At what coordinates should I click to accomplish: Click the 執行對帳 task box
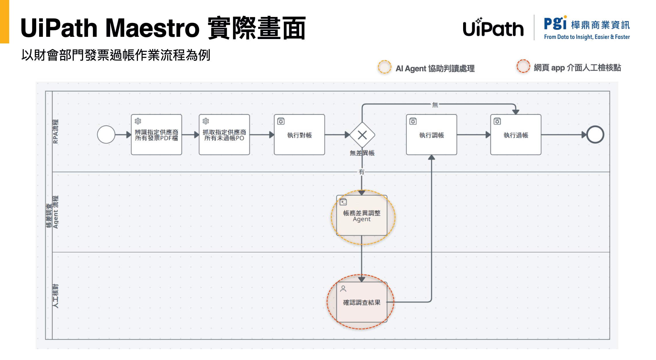pyautogui.click(x=299, y=135)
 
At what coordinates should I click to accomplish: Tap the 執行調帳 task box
pyautogui.click(x=431, y=135)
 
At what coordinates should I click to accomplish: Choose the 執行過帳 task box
pyautogui.click(x=516, y=135)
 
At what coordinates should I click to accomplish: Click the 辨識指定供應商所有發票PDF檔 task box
pyautogui.click(x=156, y=135)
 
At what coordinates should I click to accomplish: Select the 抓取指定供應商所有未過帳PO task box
pyautogui.click(x=224, y=135)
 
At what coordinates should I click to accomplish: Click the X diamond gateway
pyautogui.click(x=362, y=135)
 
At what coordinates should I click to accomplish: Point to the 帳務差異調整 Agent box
pyautogui.click(x=362, y=216)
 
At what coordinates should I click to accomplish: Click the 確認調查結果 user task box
pyautogui.click(x=362, y=302)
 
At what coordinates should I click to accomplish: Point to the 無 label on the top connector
pyautogui.click(x=435, y=105)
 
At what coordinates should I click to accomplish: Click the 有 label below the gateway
pyautogui.click(x=361, y=172)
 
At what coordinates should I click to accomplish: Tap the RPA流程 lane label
pyautogui.click(x=55, y=131)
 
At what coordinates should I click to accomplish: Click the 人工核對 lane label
pyautogui.click(x=55, y=296)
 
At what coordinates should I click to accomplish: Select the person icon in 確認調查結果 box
pyautogui.click(x=343, y=288)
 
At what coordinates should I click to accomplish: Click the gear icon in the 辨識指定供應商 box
pyautogui.click(x=138, y=121)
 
